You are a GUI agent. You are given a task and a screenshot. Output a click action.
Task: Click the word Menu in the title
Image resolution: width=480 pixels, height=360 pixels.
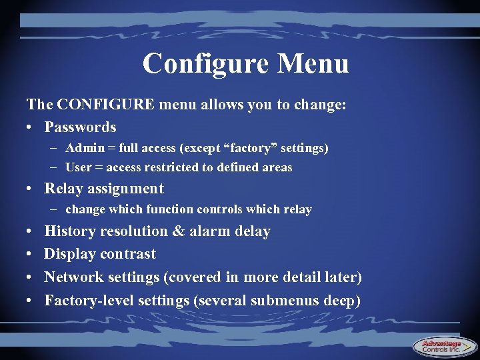pyautogui.click(x=313, y=64)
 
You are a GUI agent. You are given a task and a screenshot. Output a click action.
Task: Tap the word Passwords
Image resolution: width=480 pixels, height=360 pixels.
pyautogui.click(x=80, y=127)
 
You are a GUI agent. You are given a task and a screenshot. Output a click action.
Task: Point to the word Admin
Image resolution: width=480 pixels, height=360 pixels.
pyautogui.click(x=82, y=147)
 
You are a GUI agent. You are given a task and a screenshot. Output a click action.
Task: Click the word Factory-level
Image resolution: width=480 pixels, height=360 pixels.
pyautogui.click(x=89, y=301)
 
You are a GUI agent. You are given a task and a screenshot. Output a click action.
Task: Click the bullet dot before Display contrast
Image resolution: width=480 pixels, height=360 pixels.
pyautogui.click(x=31, y=254)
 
